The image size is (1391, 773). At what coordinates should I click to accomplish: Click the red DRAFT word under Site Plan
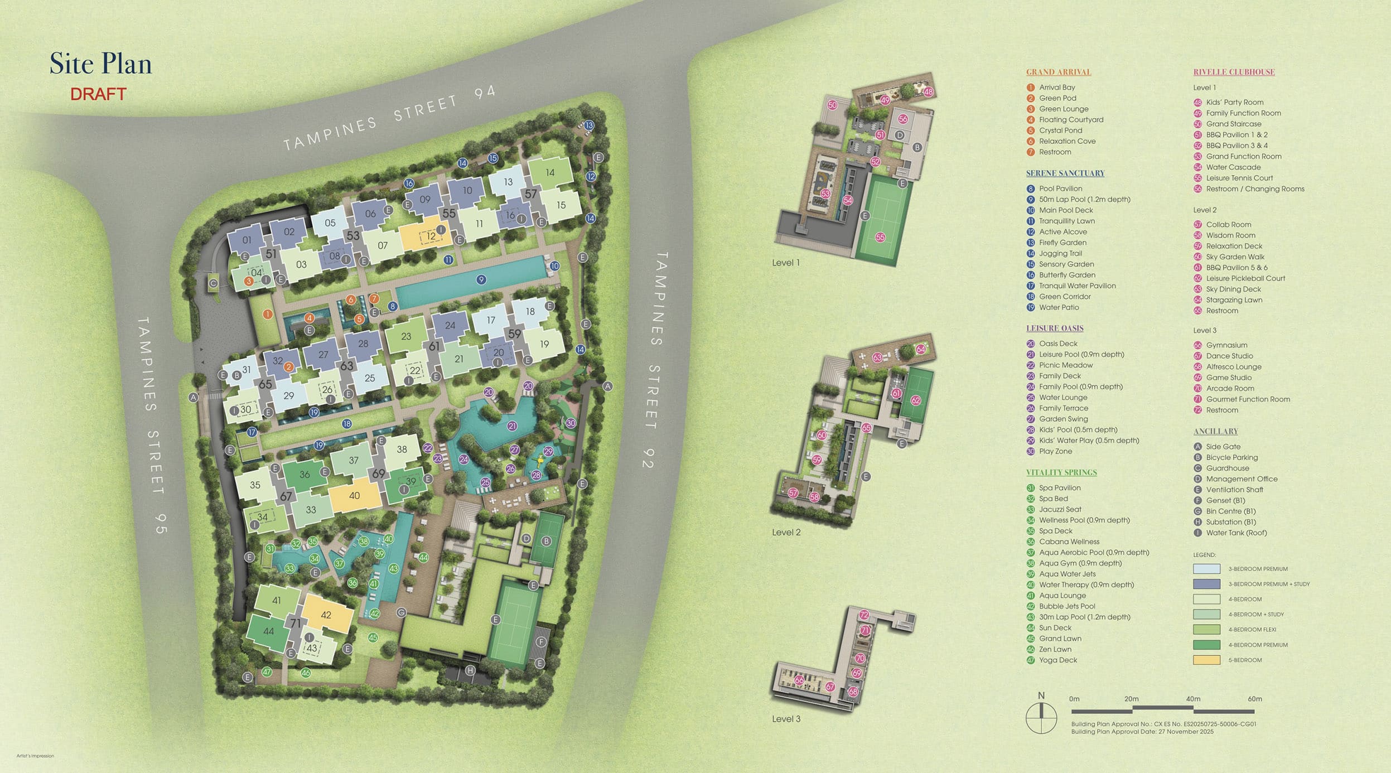coord(98,94)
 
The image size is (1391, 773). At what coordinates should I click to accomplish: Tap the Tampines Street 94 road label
coord(389,120)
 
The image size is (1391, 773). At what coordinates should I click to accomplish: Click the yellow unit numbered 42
coord(326,615)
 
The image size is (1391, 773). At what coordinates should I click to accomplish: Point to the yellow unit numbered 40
coord(354,495)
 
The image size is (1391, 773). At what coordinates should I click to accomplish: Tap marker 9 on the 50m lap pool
coord(481,279)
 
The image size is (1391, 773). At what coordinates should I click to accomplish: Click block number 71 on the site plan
coord(295,623)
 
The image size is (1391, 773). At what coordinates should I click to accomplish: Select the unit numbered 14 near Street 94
coord(550,172)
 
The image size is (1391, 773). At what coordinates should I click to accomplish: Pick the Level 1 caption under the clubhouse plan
coord(785,263)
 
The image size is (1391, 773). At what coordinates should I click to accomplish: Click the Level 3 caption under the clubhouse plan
coord(786,719)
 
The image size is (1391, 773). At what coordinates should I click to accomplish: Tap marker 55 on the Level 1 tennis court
coord(880,237)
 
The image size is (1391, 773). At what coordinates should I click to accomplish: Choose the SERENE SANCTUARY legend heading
coord(1065,173)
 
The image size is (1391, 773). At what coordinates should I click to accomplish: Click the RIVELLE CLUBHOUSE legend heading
coord(1234,72)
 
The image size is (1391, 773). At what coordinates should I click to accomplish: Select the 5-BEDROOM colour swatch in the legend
coord(1206,660)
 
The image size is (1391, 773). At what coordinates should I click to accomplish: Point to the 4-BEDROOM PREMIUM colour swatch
coord(1206,645)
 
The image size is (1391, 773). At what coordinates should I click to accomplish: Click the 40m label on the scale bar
coord(1193,699)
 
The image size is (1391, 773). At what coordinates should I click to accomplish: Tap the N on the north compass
coord(1041,695)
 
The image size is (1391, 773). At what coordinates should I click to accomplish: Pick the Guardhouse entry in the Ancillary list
coord(1227,468)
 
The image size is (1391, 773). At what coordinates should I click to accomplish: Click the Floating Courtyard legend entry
coord(1071,119)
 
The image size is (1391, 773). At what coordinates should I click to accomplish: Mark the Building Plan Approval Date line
coord(1142,732)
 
